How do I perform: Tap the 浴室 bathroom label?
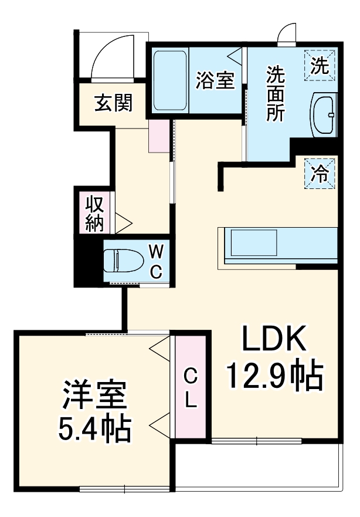[x=215, y=82]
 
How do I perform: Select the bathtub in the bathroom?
[x=170, y=80]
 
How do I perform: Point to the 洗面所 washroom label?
[x=276, y=94]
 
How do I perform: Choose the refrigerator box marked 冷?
[x=320, y=173]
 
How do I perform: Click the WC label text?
[x=155, y=261]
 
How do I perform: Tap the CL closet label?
[x=191, y=387]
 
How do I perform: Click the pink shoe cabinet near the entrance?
[x=158, y=136]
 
